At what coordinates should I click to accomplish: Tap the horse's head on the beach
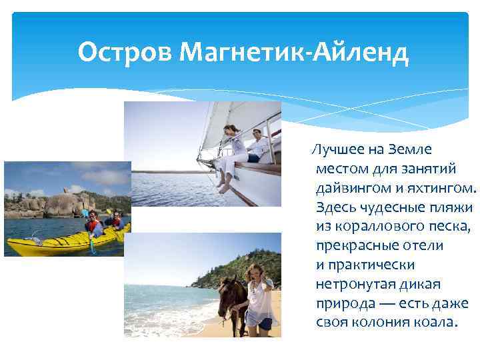229,294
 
